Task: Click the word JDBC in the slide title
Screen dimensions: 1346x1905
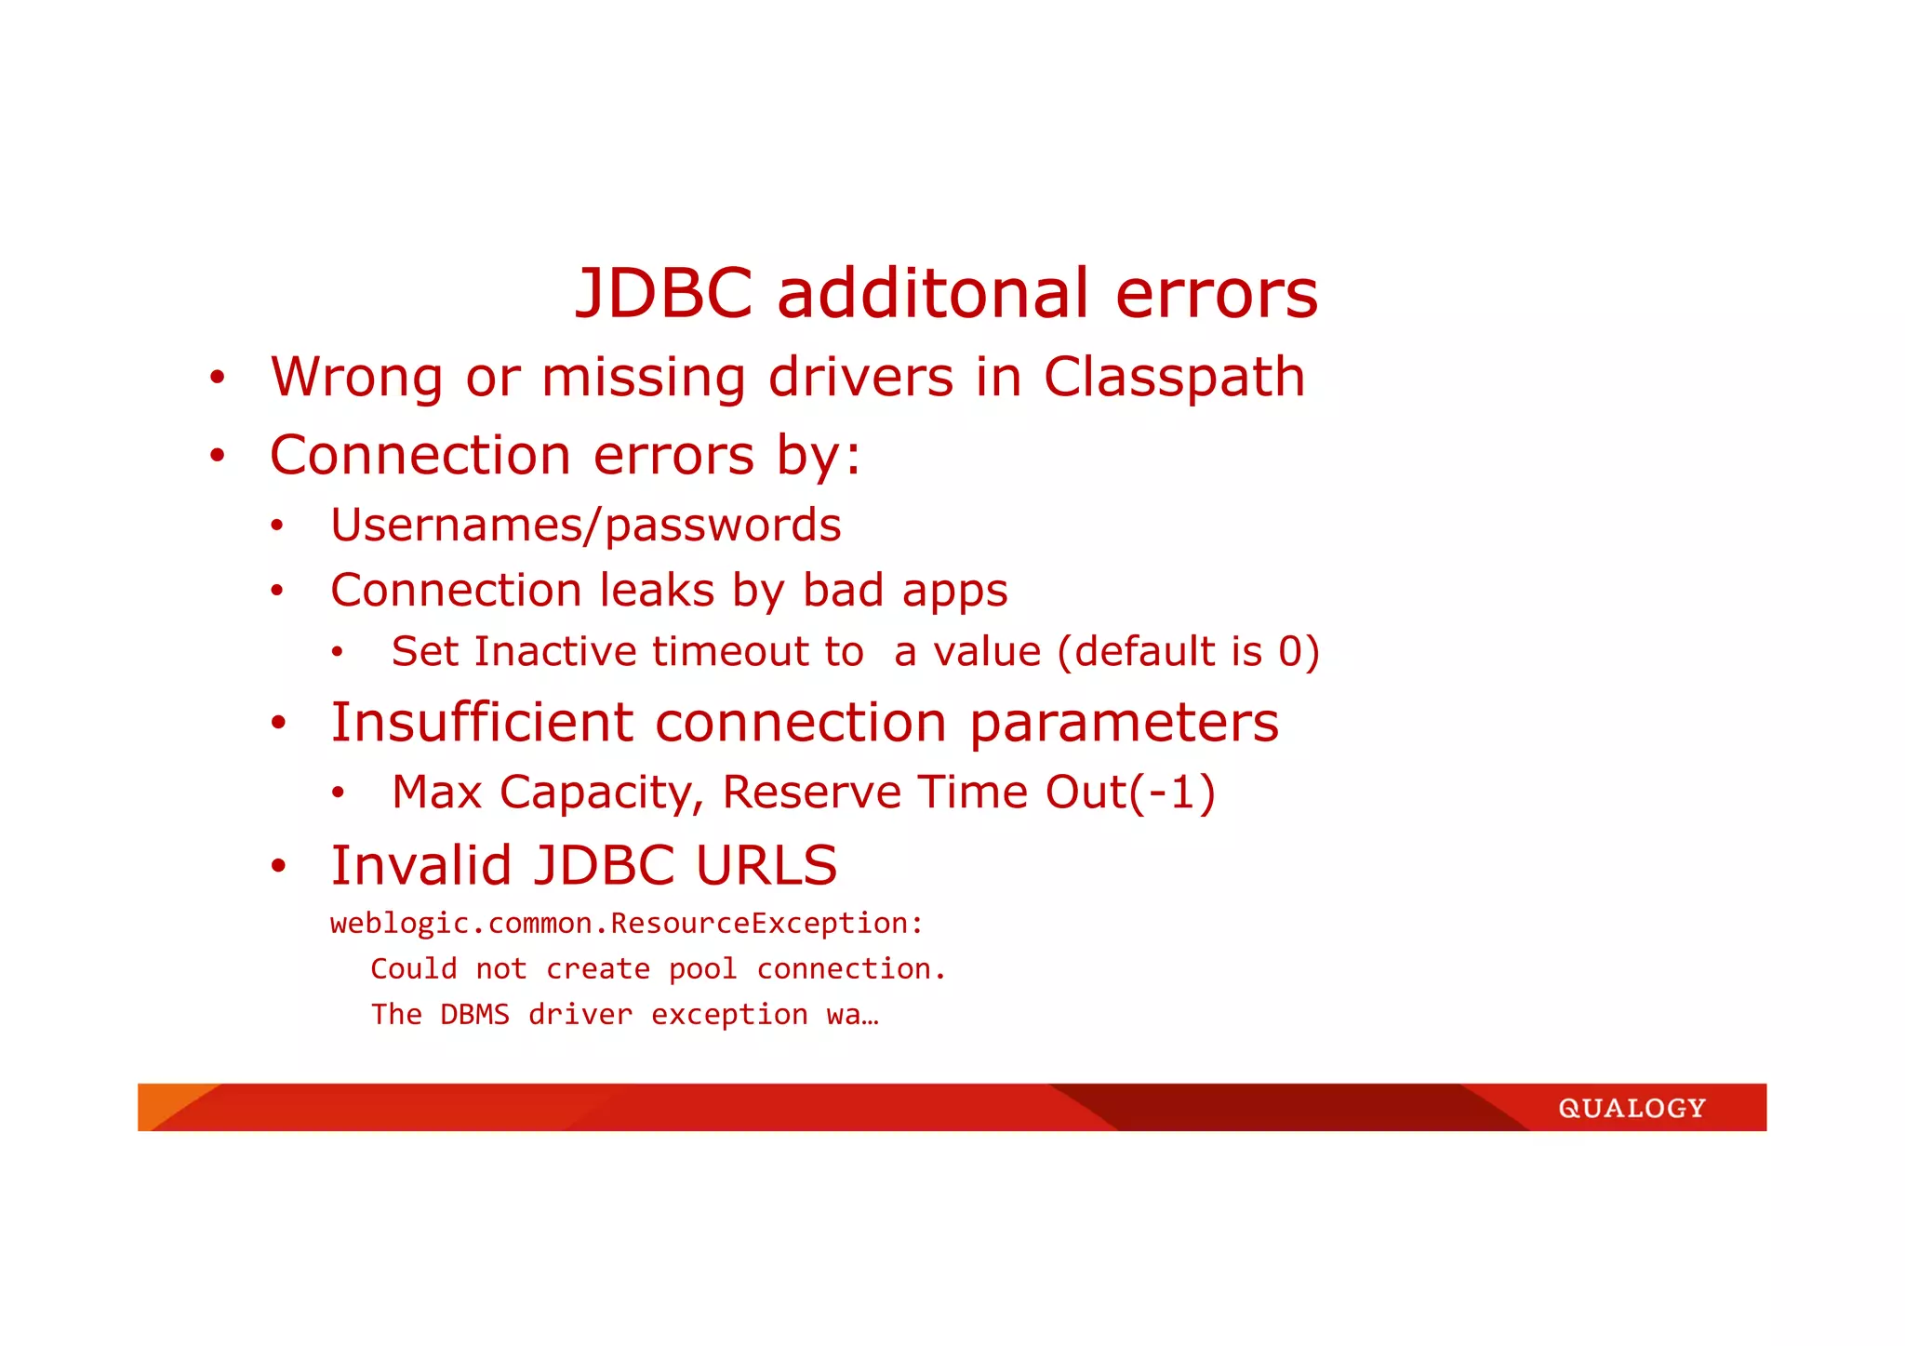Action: coord(664,294)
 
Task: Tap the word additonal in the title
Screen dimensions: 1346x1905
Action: coord(931,294)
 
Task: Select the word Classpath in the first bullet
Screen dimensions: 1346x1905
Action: coord(1174,379)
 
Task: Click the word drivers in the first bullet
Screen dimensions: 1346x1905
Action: coord(860,378)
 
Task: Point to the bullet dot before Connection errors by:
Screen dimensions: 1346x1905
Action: coord(217,456)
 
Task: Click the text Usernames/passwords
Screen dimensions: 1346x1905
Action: coord(586,526)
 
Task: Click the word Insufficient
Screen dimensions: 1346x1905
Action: coord(481,723)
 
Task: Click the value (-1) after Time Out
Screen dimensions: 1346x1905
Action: coord(1172,793)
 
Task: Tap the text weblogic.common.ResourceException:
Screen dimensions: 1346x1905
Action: coord(627,924)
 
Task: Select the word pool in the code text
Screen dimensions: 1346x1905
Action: coord(702,969)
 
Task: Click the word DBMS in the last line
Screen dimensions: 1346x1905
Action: coord(474,1015)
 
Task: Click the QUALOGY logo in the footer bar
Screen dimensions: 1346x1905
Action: coord(1632,1109)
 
